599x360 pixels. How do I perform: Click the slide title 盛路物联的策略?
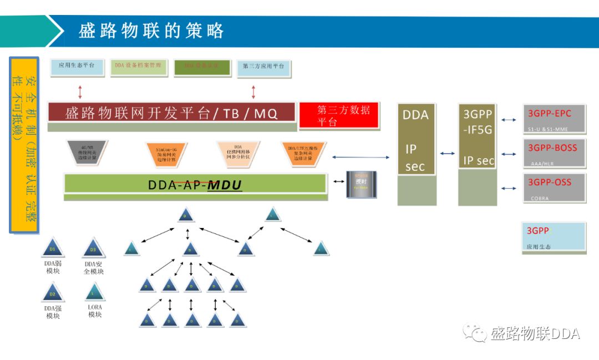click(151, 31)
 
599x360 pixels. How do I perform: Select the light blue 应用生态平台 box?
click(77, 66)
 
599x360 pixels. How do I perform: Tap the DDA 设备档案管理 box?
click(138, 66)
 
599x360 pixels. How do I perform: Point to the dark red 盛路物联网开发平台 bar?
click(171, 113)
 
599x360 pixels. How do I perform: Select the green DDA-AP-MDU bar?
click(195, 184)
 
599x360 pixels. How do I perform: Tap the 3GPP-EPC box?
click(555, 119)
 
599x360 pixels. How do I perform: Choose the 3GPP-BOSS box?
click(555, 153)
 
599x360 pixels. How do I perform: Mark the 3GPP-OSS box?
click(555, 187)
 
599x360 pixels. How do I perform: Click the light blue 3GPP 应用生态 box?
click(554, 237)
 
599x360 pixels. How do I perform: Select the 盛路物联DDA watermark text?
click(535, 334)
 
